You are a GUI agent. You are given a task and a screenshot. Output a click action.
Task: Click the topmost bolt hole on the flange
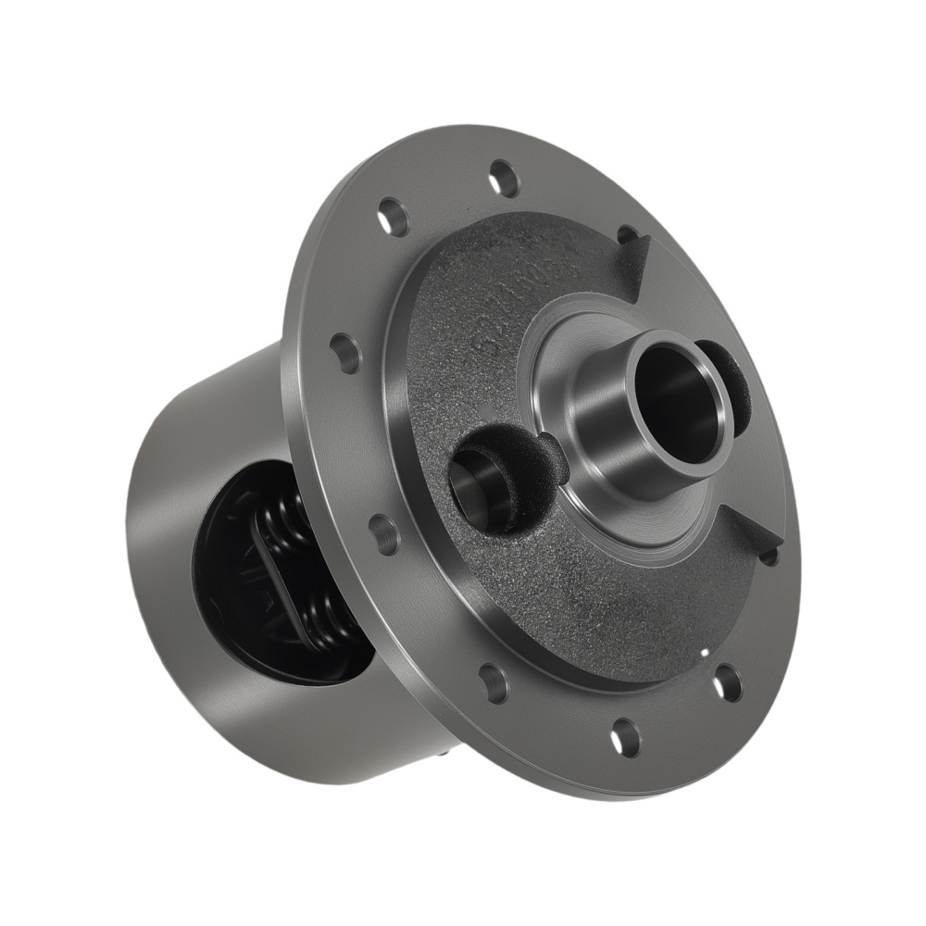[x=504, y=177]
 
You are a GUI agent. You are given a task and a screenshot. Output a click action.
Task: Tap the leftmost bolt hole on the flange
[x=345, y=352]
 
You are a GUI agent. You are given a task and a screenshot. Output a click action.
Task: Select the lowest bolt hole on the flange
[x=625, y=737]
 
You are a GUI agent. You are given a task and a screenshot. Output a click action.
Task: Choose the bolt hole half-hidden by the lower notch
[x=769, y=557]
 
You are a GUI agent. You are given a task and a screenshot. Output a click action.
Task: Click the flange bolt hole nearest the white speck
[x=728, y=682]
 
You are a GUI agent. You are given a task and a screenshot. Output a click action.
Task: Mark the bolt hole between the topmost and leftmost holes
[x=393, y=218]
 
